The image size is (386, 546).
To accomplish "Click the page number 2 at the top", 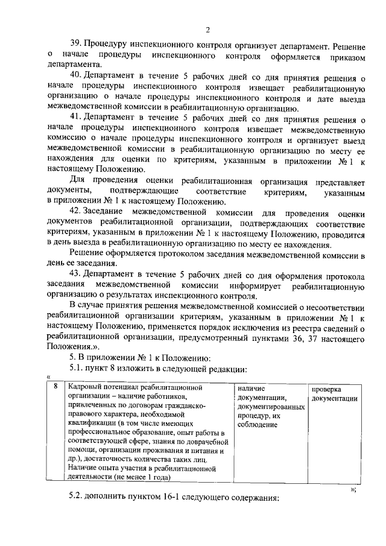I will (207, 30).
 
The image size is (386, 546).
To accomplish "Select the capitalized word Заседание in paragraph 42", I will (105, 212).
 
